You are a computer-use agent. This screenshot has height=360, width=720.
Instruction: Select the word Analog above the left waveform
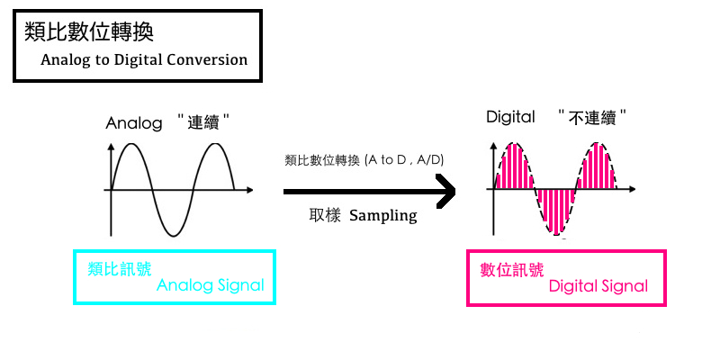pyautogui.click(x=133, y=122)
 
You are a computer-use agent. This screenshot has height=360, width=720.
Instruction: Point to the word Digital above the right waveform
pyautogui.click(x=510, y=117)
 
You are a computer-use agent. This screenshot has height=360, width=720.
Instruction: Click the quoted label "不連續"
pyautogui.click(x=591, y=117)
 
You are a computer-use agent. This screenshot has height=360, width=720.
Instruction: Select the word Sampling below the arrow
pyautogui.click(x=383, y=216)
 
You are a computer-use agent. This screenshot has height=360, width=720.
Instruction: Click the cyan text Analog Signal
pyautogui.click(x=211, y=285)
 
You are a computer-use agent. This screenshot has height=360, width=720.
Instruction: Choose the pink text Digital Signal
pyautogui.click(x=598, y=286)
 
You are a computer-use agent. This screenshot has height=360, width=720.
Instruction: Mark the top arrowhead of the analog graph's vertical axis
pyautogui.click(x=111, y=148)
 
